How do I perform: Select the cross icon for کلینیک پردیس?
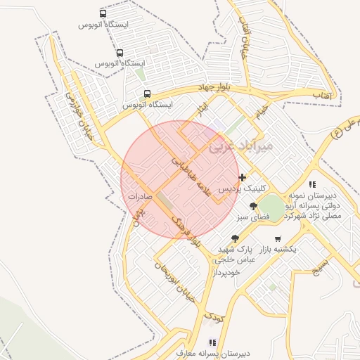tap(243, 177)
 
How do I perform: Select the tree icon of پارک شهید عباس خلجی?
tap(234, 238)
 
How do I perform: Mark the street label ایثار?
tap(202, 110)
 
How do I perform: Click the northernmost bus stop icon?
tap(104, 13)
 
